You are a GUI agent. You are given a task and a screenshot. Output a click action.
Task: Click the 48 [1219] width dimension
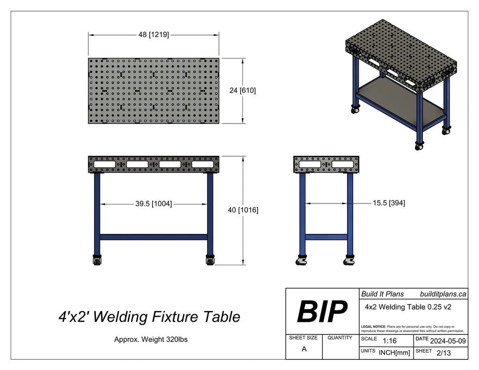click(x=153, y=35)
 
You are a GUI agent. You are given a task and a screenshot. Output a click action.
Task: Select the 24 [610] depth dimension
click(x=242, y=91)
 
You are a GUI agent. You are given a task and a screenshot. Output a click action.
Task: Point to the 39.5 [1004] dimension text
click(x=153, y=204)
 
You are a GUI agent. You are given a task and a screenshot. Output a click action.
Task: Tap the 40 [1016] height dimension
click(x=243, y=210)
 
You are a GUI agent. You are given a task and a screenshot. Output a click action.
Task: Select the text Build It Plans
click(x=382, y=294)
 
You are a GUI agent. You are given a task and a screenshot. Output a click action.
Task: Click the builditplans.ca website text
click(x=443, y=294)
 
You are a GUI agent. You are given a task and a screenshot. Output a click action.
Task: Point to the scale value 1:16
click(x=390, y=341)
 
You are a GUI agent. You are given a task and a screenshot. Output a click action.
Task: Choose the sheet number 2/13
click(x=443, y=353)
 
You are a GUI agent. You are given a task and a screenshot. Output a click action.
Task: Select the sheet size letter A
click(x=304, y=349)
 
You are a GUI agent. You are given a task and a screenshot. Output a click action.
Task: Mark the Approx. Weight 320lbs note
click(x=151, y=340)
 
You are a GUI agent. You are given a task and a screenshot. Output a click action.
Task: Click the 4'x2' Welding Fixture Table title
click(x=149, y=317)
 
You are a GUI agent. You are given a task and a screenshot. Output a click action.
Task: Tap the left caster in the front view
click(x=97, y=260)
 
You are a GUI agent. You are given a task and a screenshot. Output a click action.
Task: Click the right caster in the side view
click(x=349, y=261)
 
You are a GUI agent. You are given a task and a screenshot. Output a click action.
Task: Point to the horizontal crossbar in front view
click(x=153, y=237)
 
